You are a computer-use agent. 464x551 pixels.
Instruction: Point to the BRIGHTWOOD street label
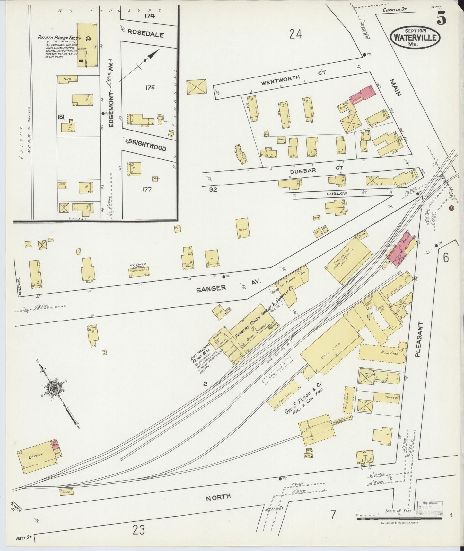tap(147, 145)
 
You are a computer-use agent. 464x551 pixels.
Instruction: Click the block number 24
tap(295, 33)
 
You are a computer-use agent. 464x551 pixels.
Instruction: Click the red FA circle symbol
tap(451, 208)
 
